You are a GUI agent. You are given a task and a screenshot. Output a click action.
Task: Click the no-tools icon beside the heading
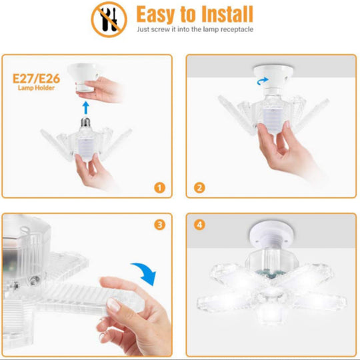pyautogui.click(x=109, y=19)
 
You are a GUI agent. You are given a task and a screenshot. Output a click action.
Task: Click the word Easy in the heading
pyautogui.click(x=156, y=15)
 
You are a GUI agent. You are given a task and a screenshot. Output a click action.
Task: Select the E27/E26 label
pyautogui.click(x=36, y=79)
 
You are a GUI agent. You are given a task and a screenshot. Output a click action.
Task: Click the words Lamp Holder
pyautogui.click(x=36, y=88)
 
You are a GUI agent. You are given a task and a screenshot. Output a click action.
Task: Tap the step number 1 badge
pyautogui.click(x=159, y=187)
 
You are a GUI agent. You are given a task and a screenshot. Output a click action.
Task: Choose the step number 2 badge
pyautogui.click(x=199, y=187)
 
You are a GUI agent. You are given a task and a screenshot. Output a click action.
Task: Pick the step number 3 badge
pyautogui.click(x=159, y=225)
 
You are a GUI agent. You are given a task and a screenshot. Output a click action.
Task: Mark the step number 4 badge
pyautogui.click(x=199, y=225)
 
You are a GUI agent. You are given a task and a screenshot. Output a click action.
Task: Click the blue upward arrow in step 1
pyautogui.click(x=85, y=108)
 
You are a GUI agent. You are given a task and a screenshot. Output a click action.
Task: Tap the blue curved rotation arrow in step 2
pyautogui.click(x=263, y=81)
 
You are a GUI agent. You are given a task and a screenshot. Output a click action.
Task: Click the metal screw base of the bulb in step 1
pyautogui.click(x=85, y=123)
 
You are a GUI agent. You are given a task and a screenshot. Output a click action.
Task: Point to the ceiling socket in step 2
pyautogui.click(x=273, y=77)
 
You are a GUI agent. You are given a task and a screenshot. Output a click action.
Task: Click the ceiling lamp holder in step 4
pyautogui.click(x=272, y=234)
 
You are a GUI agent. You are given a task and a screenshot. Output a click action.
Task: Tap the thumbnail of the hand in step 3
pyautogui.click(x=113, y=305)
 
